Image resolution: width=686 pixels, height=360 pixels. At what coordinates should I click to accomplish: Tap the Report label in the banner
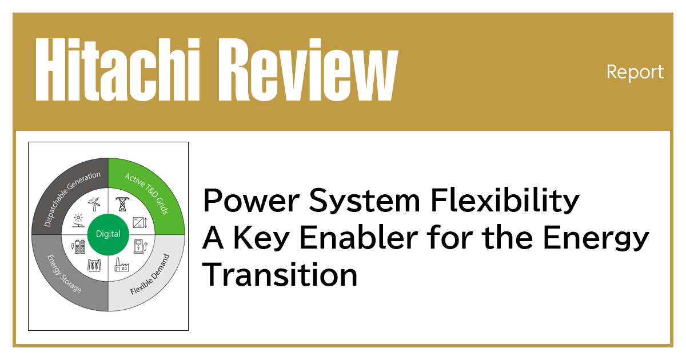coord(635,72)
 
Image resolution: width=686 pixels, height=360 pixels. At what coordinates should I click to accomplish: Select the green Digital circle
coord(108,234)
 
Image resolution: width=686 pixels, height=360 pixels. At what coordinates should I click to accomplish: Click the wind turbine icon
coord(95,203)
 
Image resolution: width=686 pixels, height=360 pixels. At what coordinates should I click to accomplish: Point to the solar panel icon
coord(77,219)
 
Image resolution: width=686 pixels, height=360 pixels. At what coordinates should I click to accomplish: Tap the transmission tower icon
coord(121,204)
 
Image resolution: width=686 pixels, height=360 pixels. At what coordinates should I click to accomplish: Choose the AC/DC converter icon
coord(138,221)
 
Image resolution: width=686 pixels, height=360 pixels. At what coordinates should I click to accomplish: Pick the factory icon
coord(121,264)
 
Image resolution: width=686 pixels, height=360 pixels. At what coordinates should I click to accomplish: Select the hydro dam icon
coord(94,264)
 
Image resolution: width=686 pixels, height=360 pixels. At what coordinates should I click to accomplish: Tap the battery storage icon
coord(78,247)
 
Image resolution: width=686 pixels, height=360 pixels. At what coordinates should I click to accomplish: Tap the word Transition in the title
coord(280,275)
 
